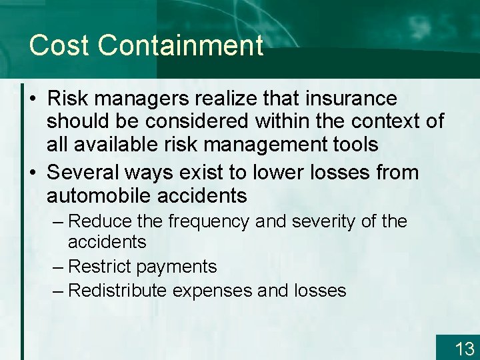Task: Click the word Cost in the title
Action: (60, 46)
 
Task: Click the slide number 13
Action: (464, 348)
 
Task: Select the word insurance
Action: (351, 99)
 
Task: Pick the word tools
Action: (354, 144)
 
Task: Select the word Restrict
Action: (99, 267)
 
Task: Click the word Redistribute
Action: (118, 291)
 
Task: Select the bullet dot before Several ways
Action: (33, 173)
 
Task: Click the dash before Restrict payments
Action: (57, 267)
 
